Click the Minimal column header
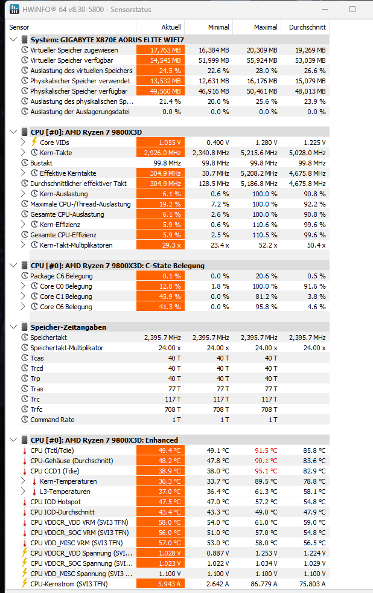(x=218, y=27)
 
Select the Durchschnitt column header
(x=307, y=27)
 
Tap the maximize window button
(x=352, y=10)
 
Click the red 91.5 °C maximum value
(x=266, y=450)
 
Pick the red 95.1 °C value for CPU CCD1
(x=266, y=471)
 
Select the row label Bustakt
(x=41, y=163)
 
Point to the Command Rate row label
(x=53, y=420)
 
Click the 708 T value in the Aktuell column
(x=174, y=409)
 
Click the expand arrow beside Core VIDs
(x=24, y=143)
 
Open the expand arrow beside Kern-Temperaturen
(x=24, y=481)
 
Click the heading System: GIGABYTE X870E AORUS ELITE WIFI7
(x=107, y=40)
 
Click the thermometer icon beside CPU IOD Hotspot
(x=25, y=502)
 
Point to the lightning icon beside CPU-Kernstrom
(x=25, y=584)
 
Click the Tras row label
(x=37, y=389)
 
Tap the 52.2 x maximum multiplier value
(x=268, y=245)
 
